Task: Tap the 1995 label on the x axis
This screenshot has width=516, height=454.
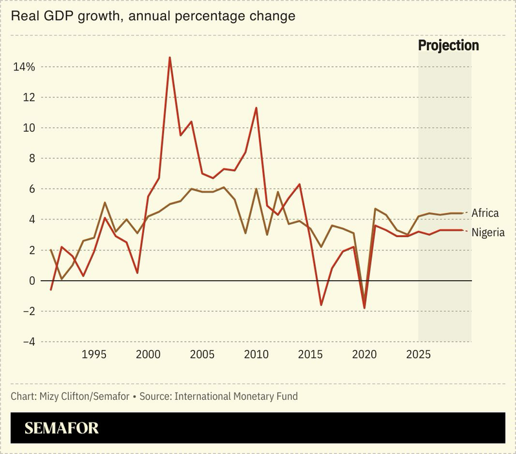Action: pyautogui.click(x=94, y=355)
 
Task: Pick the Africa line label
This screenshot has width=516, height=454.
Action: pyautogui.click(x=484, y=212)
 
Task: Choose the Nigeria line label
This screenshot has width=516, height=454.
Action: pyautogui.click(x=487, y=232)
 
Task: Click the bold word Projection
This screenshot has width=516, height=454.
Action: pyautogui.click(x=448, y=45)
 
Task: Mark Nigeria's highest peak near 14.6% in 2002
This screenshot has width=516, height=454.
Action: pyautogui.click(x=170, y=57)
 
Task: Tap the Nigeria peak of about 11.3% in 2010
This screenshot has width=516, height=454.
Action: pyautogui.click(x=256, y=108)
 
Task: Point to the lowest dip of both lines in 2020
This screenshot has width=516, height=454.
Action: pyautogui.click(x=365, y=307)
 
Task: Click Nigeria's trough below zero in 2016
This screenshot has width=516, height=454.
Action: pyautogui.click(x=321, y=305)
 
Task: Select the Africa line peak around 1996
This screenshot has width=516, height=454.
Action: pyautogui.click(x=105, y=203)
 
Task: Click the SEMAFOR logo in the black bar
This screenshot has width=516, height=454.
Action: pyautogui.click(x=61, y=429)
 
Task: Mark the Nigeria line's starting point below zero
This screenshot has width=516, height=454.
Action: pyautogui.click(x=50, y=290)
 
